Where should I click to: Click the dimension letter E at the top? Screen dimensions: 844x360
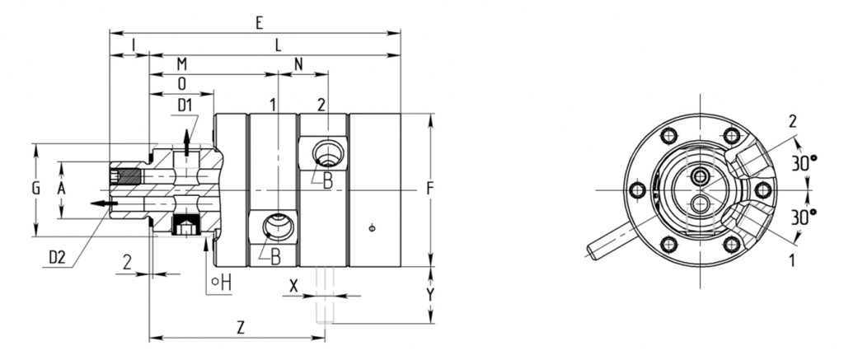coord(260,23)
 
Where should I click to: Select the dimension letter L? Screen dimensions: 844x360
coord(278,46)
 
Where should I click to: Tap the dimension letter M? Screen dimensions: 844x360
coord(182,64)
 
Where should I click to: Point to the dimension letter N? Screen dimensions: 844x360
coord(298,64)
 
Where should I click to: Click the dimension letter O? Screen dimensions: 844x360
coord(182,83)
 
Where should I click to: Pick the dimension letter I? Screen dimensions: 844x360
coord(133,46)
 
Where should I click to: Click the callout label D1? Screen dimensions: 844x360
coord(185,105)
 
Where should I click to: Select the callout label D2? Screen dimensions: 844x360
coord(57,258)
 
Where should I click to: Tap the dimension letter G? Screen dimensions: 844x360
coord(36,189)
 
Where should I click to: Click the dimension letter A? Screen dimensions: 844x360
coord(61,189)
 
